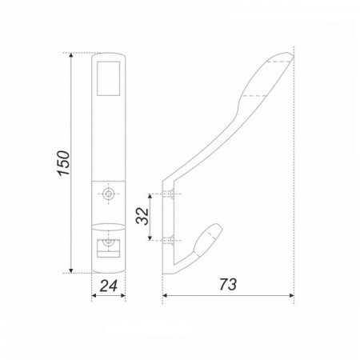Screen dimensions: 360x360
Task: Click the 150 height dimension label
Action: pyautogui.click(x=64, y=163)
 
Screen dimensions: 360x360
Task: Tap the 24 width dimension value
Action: pyautogui.click(x=109, y=286)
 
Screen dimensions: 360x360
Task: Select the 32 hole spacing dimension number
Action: pyautogui.click(x=142, y=217)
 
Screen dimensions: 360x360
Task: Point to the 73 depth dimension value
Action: pyautogui.click(x=228, y=284)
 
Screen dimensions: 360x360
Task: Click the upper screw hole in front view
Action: pyautogui.click(x=108, y=194)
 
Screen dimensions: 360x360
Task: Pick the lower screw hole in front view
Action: pyautogui.click(x=108, y=242)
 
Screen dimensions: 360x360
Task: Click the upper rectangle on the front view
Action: pyautogui.click(x=108, y=78)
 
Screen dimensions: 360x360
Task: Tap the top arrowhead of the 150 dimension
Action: pyautogui.click(x=70, y=55)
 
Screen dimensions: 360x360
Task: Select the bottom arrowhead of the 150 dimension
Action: pyautogui.click(x=70, y=270)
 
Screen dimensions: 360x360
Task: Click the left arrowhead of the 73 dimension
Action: pyautogui.click(x=165, y=295)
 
